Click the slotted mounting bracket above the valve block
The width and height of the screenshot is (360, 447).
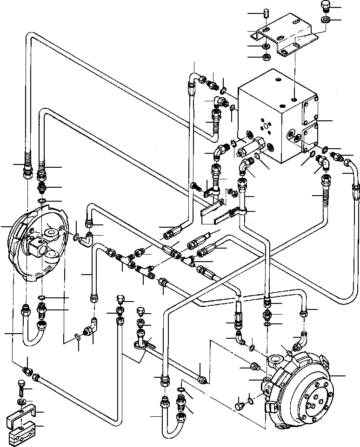(x=282, y=35)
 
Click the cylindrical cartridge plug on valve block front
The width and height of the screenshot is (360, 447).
(x=254, y=145)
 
